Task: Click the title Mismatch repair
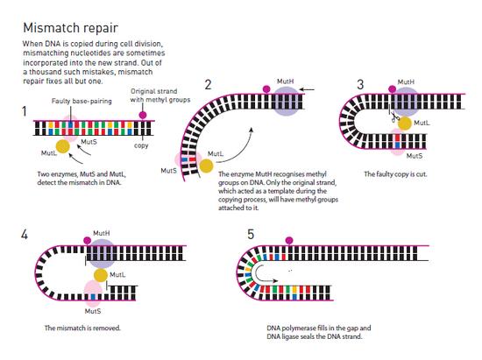[70, 28]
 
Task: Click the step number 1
[25, 111]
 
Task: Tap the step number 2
[208, 84]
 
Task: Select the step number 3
[360, 84]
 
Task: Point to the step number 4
[25, 235]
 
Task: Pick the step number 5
[251, 234]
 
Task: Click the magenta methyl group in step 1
[142, 116]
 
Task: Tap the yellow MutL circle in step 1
[63, 146]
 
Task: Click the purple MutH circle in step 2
[286, 101]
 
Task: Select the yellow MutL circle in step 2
[206, 166]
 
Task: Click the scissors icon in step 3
[394, 117]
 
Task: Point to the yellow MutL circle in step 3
[405, 124]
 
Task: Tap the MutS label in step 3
[415, 156]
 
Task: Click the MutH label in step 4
[101, 234]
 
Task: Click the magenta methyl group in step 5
[289, 240]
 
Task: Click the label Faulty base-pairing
[82, 101]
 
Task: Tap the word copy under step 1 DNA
[141, 145]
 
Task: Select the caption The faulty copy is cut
[395, 174]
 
